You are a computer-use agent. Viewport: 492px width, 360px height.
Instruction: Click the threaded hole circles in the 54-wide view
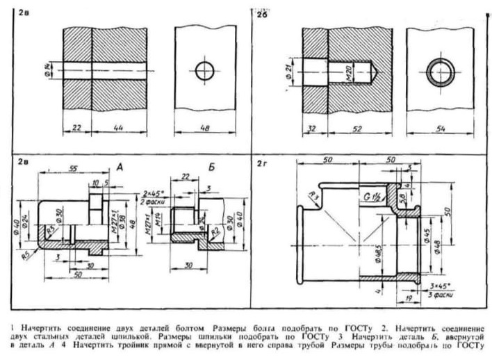point(441,71)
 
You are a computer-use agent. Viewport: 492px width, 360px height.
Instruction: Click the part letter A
point(119,168)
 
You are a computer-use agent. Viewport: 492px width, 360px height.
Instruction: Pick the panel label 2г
point(261,164)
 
